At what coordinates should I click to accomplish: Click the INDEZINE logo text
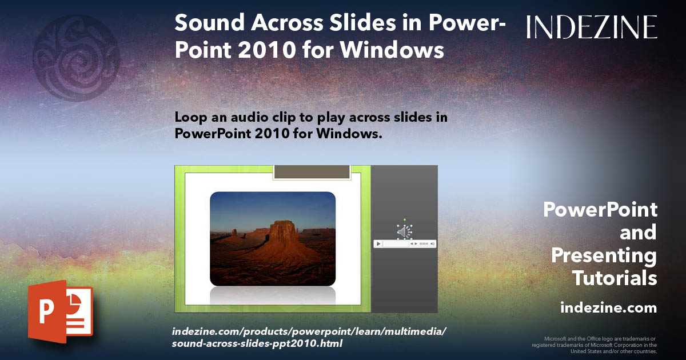click(x=592, y=27)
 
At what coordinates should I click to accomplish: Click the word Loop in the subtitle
click(x=189, y=117)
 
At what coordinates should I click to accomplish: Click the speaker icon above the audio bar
click(x=404, y=231)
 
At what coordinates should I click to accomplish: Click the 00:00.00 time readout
click(x=424, y=244)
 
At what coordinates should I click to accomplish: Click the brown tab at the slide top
click(x=312, y=172)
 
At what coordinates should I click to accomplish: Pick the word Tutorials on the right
click(x=615, y=278)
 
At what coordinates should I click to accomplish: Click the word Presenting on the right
click(x=604, y=255)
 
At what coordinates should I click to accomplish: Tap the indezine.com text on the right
click(x=608, y=308)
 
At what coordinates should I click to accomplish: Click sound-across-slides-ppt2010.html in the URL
click(x=257, y=343)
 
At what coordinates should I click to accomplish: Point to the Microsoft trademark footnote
click(x=594, y=345)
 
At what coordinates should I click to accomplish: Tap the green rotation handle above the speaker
click(x=404, y=219)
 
